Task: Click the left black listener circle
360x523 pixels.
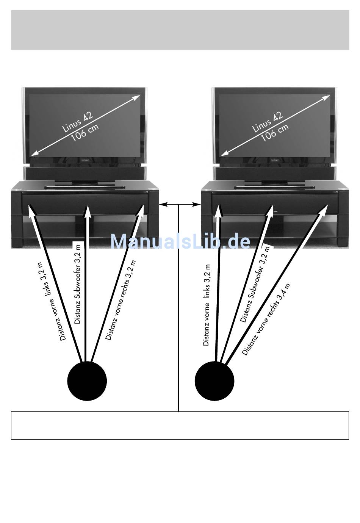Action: coord(87,381)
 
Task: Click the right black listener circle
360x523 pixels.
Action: coord(214,381)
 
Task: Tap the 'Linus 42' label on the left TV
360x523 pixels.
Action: coord(77,122)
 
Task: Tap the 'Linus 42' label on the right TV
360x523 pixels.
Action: coord(267,122)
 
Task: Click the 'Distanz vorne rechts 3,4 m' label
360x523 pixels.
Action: coord(266,319)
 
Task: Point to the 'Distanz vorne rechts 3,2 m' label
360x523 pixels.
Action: coord(121,300)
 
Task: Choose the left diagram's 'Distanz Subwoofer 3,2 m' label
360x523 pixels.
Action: coord(77,282)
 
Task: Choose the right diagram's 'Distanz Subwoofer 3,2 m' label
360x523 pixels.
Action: coord(255,284)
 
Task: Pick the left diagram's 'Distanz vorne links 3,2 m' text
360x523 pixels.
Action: coord(53,301)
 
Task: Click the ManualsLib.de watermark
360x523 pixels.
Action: coord(180,241)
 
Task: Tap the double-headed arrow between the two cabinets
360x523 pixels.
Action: coord(180,205)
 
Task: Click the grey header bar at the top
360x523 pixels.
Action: coord(180,30)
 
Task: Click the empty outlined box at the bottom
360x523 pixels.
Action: coord(180,425)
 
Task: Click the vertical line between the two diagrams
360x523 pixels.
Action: coord(178,303)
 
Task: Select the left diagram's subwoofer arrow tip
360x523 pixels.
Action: coord(88,209)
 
